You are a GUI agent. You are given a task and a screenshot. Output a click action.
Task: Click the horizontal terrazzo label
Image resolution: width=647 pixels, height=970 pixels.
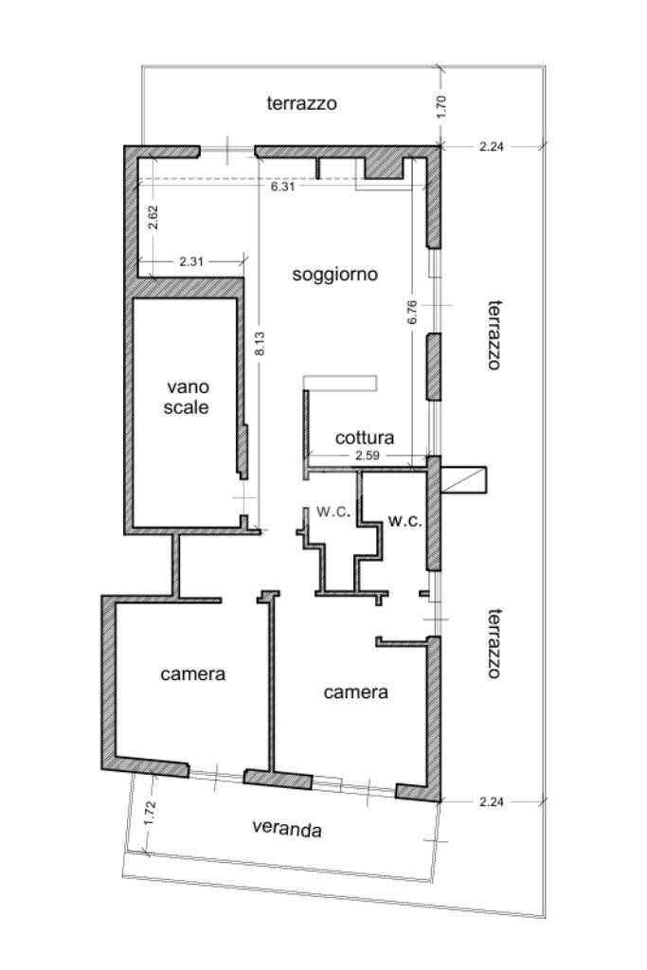(301, 103)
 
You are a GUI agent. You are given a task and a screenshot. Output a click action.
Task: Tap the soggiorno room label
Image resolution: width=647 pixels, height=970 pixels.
(334, 275)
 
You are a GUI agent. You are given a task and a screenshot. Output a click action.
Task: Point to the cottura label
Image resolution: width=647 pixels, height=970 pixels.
(365, 439)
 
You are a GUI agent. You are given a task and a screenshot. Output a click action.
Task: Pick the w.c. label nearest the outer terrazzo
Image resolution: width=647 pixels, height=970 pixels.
(404, 520)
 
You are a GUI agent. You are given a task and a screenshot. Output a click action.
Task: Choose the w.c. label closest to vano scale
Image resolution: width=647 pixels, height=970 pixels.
(333, 512)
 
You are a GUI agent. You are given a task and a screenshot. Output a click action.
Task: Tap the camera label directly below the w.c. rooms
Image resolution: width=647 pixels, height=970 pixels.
(355, 692)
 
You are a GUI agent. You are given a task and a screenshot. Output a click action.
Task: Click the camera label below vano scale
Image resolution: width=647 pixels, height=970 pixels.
(192, 674)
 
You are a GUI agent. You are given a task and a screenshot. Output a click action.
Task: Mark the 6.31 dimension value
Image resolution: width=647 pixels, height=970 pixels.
(282, 187)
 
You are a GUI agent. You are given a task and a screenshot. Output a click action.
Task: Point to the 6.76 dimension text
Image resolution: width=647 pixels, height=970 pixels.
(412, 313)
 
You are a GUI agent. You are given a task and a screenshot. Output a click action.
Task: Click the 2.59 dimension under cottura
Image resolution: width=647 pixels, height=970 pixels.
(368, 457)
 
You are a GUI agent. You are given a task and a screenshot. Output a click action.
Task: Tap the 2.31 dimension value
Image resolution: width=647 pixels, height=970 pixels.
(193, 260)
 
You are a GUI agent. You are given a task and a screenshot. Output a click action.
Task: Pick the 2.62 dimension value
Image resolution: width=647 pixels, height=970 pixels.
(151, 220)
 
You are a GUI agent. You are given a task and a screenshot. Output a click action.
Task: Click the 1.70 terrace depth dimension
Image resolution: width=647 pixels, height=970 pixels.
(440, 105)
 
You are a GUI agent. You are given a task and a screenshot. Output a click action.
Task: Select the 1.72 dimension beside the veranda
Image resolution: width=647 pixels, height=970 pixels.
(150, 815)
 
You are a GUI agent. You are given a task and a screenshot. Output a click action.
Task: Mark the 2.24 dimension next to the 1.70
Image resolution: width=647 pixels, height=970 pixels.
(491, 146)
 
